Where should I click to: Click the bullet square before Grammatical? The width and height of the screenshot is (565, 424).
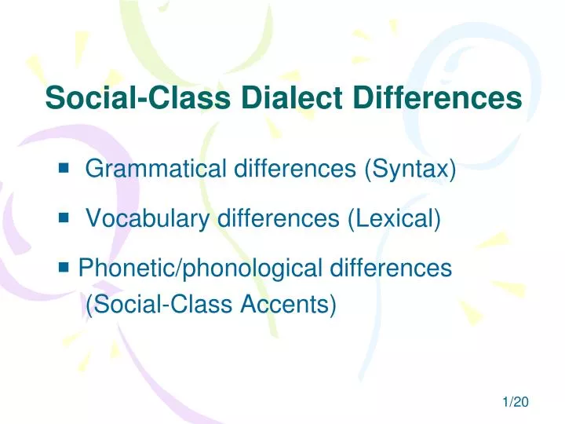coord(64,167)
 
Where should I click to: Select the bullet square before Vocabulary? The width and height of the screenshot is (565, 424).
coord(64,217)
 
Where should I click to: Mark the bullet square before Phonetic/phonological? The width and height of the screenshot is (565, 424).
coord(64,268)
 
